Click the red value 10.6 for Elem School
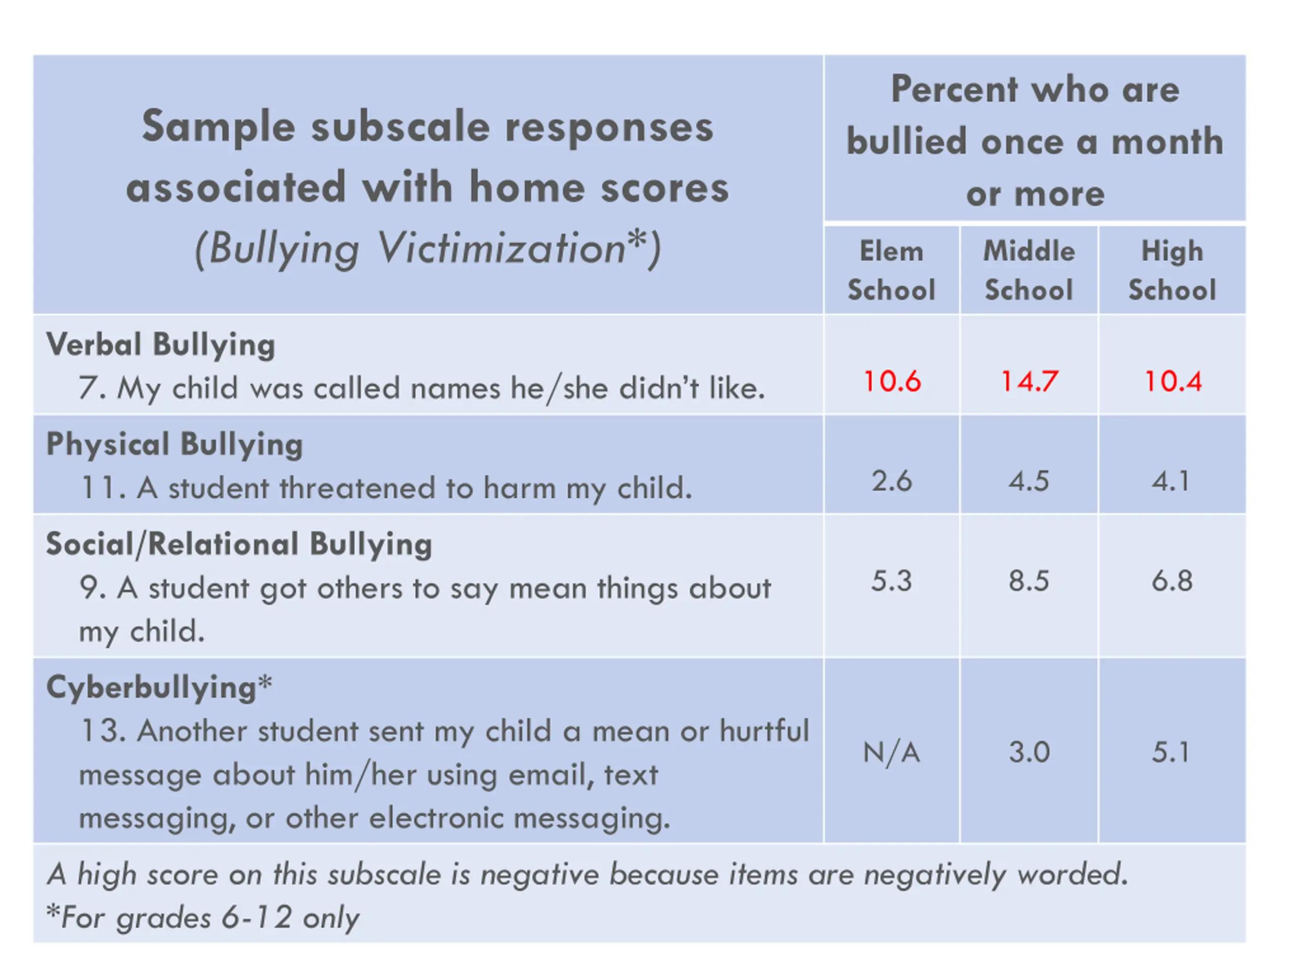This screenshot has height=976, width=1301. pyautogui.click(x=892, y=381)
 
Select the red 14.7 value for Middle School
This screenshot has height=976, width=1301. pyautogui.click(x=1029, y=381)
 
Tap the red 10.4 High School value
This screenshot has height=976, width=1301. pyautogui.click(x=1173, y=381)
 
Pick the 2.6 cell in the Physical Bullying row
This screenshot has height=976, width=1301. pyautogui.click(x=892, y=481)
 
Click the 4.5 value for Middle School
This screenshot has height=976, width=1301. pyautogui.click(x=1029, y=481)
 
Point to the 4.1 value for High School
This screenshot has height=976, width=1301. pyautogui.click(x=1171, y=481)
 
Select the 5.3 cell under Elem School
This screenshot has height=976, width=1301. pyautogui.click(x=892, y=581)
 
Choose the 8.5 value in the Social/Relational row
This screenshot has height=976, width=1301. pyautogui.click(x=1029, y=581)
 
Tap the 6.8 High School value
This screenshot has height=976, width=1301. pyautogui.click(x=1172, y=581)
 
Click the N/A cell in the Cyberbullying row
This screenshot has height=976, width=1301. pyautogui.click(x=892, y=752)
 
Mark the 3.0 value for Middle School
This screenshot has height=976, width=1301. pyautogui.click(x=1029, y=752)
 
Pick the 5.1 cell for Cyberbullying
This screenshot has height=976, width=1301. pyautogui.click(x=1171, y=752)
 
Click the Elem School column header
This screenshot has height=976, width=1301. pyautogui.click(x=892, y=270)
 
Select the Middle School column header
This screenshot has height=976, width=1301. pyautogui.click(x=1029, y=270)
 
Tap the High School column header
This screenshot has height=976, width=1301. pyautogui.click(x=1172, y=270)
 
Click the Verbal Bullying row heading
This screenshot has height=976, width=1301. pyautogui.click(x=161, y=345)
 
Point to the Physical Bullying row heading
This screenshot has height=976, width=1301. pyautogui.click(x=175, y=445)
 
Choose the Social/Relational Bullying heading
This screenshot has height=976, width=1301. pyautogui.click(x=239, y=544)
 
